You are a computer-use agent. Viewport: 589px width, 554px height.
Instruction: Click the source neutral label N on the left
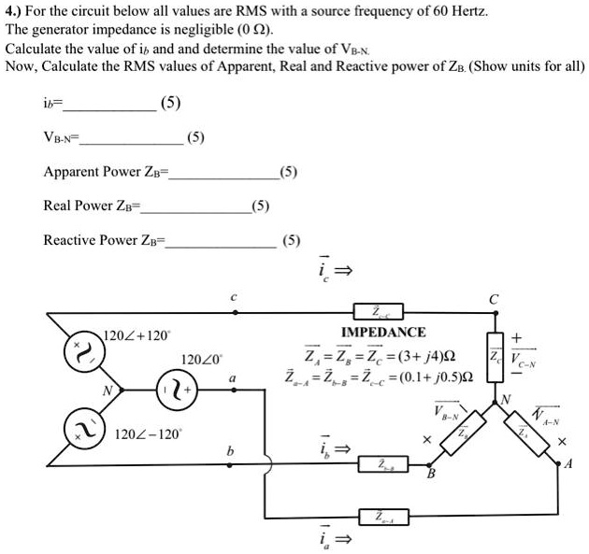[x=107, y=391]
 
